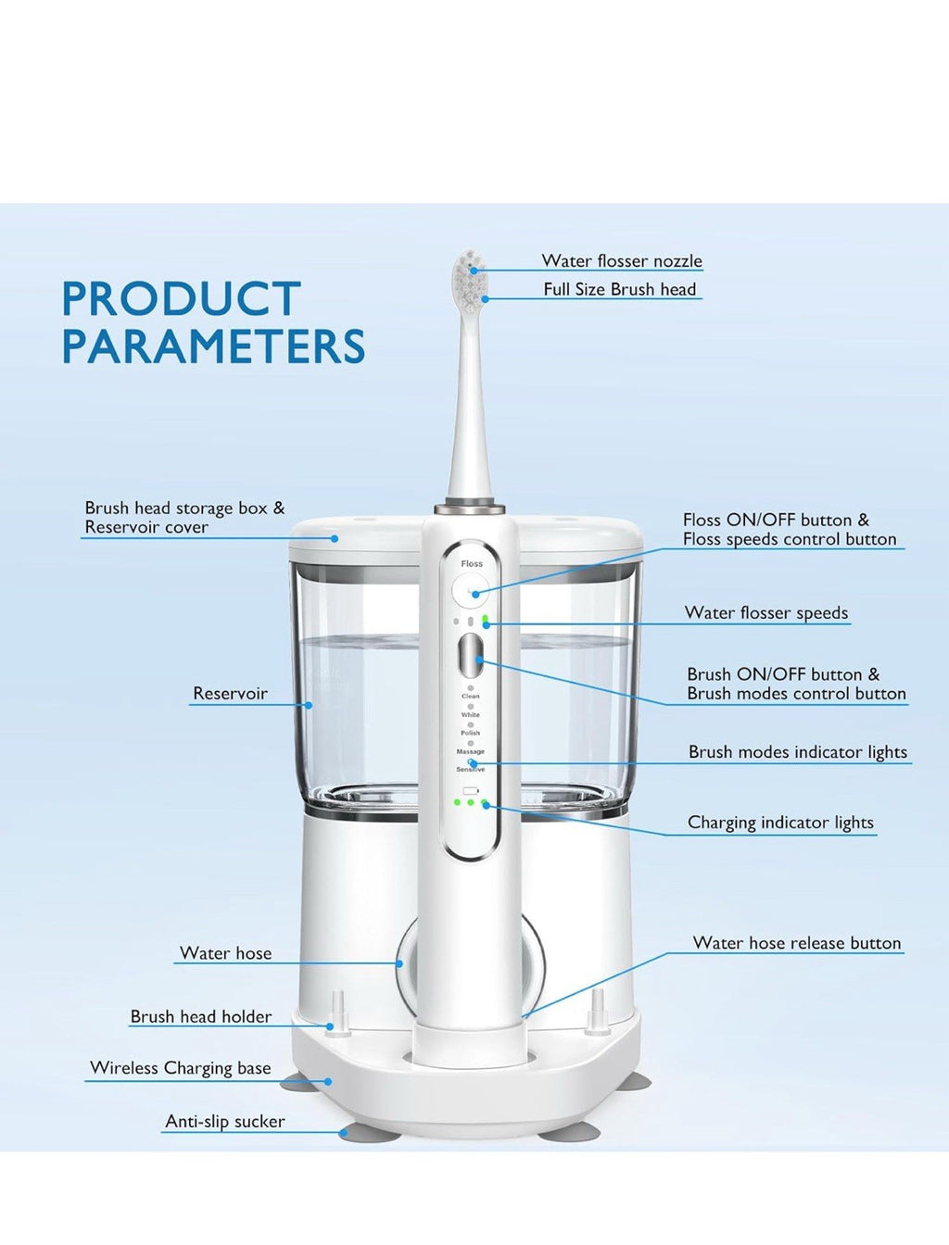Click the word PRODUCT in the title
point(182,299)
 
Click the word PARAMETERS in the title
point(213,346)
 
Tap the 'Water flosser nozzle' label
point(622,261)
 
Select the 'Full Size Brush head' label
point(619,290)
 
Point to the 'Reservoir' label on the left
point(230,694)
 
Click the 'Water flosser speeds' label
point(766,613)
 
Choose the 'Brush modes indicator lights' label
point(797,752)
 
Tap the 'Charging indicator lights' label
point(780,823)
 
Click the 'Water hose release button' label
point(797,943)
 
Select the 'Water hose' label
point(225,953)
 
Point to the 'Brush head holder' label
point(201,1016)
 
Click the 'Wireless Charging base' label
point(181,1068)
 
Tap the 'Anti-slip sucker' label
point(225,1122)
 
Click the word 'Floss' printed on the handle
point(472,563)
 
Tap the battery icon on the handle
point(471,791)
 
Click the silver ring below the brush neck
point(471,508)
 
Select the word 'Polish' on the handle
point(471,733)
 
